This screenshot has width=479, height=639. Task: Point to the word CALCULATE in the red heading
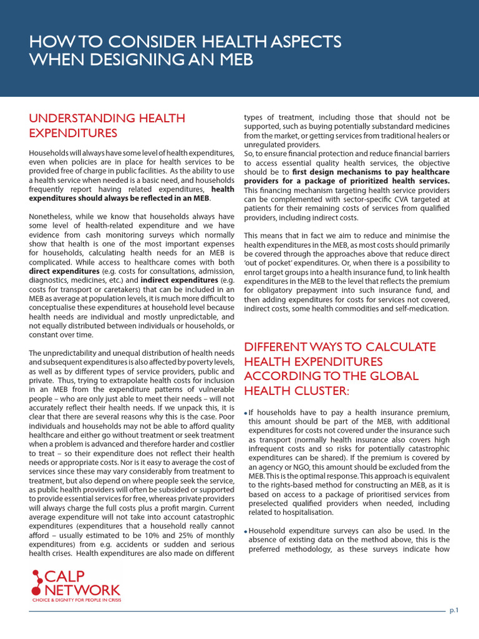click(392, 347)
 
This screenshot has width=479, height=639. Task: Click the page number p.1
click(454, 610)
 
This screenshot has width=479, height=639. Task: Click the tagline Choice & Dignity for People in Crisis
click(77, 600)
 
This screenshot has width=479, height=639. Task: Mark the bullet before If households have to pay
click(246, 414)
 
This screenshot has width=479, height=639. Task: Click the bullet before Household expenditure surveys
click(246, 531)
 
